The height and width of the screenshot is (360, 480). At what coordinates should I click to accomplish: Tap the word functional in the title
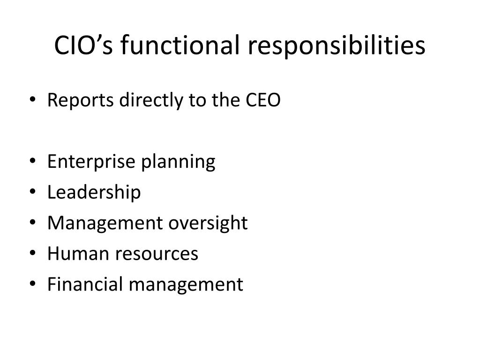[x=177, y=45]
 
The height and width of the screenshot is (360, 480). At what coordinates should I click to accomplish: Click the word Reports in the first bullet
[x=78, y=100]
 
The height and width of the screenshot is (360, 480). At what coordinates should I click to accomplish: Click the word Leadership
[x=94, y=192]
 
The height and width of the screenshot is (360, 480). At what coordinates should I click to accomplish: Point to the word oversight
[x=208, y=223]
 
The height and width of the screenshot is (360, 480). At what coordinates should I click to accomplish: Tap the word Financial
[x=82, y=285]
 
